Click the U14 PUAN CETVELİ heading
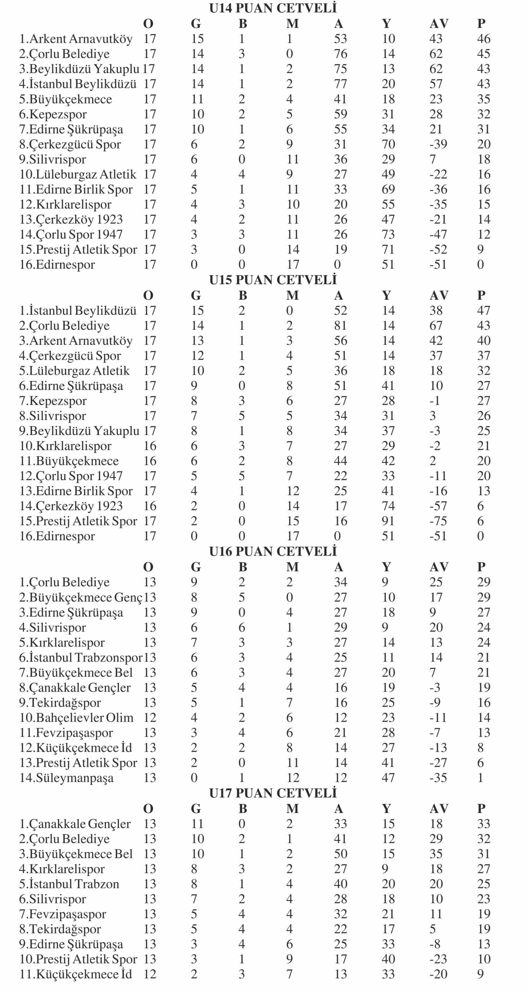[x=273, y=8]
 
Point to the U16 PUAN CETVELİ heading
[x=273, y=552]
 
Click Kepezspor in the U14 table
[x=58, y=114]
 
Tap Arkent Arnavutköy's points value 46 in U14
[x=484, y=39]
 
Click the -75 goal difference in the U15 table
[x=438, y=521]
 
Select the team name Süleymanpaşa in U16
[x=67, y=778]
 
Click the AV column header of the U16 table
[x=439, y=567]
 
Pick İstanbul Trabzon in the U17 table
[x=69, y=884]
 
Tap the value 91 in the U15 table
[x=388, y=521]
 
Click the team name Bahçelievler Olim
[x=76, y=717]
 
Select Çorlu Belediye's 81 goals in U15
[x=340, y=326]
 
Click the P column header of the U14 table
[x=481, y=24]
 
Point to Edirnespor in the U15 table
[x=57, y=536]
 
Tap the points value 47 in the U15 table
[x=484, y=310]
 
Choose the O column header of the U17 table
[x=148, y=809]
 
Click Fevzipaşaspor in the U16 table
[x=66, y=732]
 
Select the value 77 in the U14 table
[x=340, y=84]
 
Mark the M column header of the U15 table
[x=292, y=295]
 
